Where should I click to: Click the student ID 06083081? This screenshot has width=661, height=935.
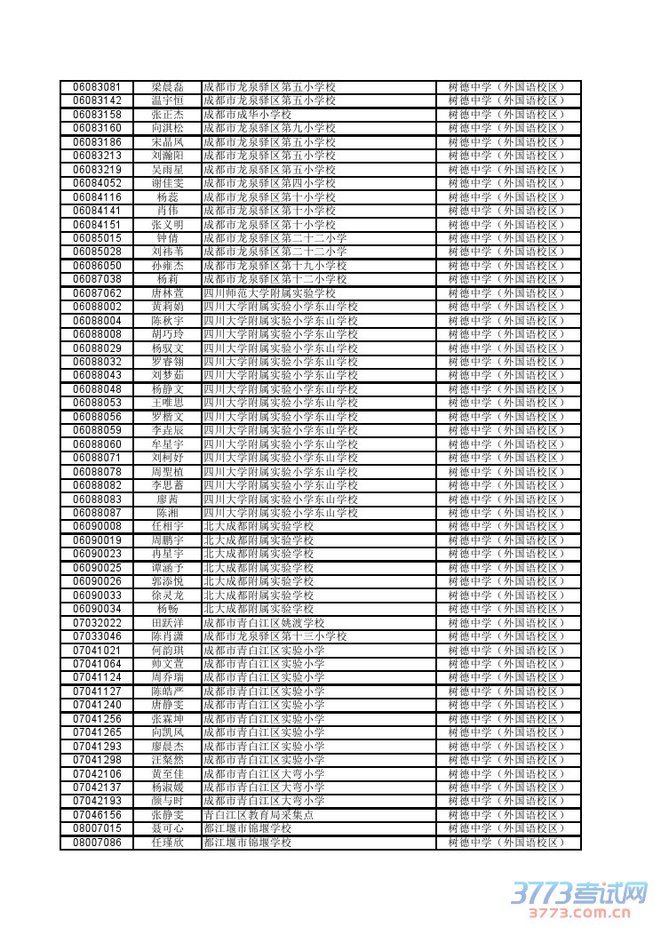point(97,87)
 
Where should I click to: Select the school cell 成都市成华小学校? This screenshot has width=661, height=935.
point(247,115)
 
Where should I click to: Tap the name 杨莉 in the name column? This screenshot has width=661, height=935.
point(167,279)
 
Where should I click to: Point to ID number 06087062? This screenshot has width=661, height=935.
point(97,293)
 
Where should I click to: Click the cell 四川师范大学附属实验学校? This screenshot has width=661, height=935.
point(269,293)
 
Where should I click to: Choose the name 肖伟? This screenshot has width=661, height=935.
point(167,211)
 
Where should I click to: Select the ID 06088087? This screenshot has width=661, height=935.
point(97,513)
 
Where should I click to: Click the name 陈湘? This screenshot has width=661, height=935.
point(167,513)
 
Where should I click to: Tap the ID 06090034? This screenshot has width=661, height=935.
point(97,609)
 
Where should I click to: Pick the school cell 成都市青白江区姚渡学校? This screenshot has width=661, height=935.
point(264,623)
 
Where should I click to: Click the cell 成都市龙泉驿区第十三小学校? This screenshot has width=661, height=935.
point(275,636)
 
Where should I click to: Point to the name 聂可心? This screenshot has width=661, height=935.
point(167,828)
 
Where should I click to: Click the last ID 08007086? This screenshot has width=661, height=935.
point(97,843)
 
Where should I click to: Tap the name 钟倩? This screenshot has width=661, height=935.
point(167,238)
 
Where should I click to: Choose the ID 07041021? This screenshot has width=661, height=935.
point(97,651)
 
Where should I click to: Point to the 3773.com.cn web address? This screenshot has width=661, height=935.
point(582,912)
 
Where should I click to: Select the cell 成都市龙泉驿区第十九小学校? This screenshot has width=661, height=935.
point(275,266)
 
